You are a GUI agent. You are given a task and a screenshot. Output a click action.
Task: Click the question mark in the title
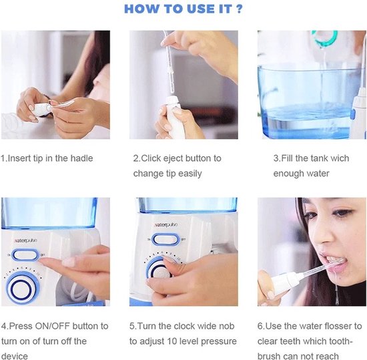tap(238, 9)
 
